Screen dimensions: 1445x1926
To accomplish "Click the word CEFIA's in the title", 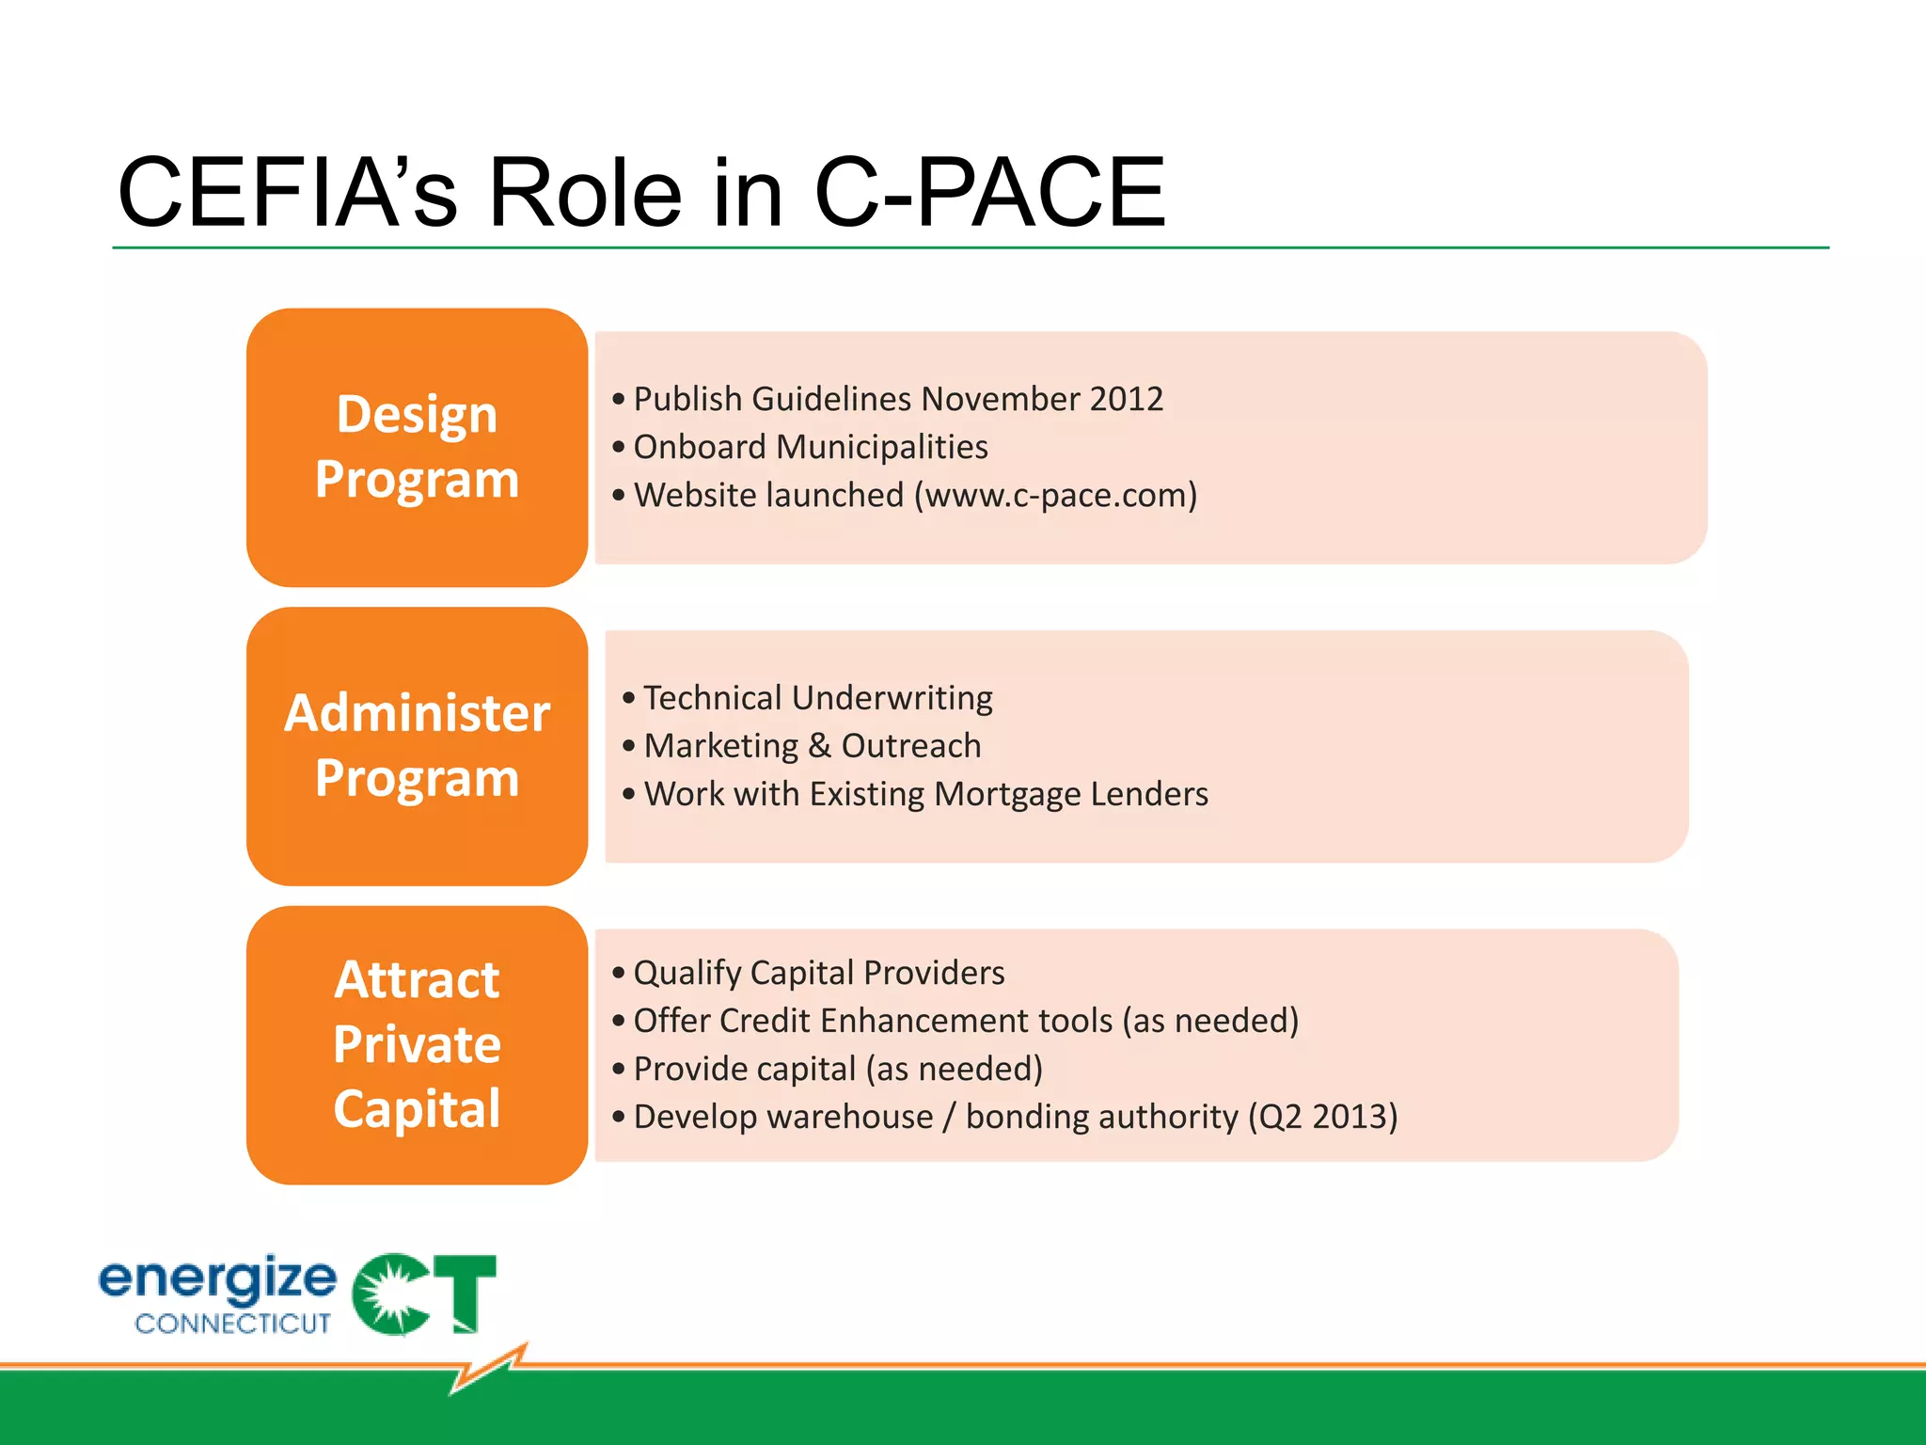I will (287, 193).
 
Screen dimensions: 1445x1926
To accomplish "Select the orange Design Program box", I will (417, 447).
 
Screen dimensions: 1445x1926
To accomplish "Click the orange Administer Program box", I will (417, 745).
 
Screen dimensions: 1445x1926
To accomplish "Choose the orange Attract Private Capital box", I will (417, 1044).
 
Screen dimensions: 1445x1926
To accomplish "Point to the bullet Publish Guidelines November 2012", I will (897, 399).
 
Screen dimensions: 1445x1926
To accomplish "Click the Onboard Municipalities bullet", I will (810, 447).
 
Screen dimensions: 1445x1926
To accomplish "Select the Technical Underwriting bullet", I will (817, 698).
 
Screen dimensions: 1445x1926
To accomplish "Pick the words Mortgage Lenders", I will (1071, 794).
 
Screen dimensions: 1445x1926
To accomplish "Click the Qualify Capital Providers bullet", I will (818, 973).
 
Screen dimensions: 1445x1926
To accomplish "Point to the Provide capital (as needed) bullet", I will (837, 1069).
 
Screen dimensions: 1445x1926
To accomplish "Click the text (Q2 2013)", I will (1322, 1117).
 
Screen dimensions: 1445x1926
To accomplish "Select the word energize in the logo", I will (217, 1279).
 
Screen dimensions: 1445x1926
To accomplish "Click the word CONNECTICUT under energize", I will (232, 1324).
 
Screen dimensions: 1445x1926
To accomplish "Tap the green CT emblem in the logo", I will (423, 1294).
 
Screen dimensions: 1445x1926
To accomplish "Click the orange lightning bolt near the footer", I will (489, 1369).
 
